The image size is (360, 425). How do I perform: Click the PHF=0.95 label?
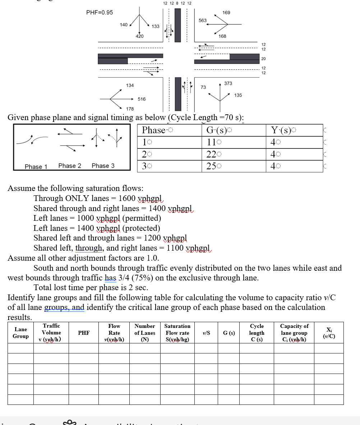click(100, 13)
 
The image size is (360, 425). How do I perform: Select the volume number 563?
click(203, 20)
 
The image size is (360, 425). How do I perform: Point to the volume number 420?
click(139, 36)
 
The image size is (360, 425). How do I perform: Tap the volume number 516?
click(142, 99)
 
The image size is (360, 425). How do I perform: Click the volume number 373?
click(228, 83)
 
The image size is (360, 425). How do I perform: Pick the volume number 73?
click(203, 87)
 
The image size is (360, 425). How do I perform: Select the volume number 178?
click(130, 109)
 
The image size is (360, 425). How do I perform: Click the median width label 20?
click(263, 59)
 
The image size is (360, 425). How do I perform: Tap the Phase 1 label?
click(36, 166)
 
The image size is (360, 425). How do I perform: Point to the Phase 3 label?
click(103, 166)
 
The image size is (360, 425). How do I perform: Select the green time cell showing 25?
click(212, 166)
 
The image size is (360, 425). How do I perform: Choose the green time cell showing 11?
click(212, 142)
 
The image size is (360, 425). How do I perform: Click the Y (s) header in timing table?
click(283, 130)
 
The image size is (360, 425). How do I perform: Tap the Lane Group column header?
click(20, 333)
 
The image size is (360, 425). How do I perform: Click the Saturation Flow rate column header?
click(177, 333)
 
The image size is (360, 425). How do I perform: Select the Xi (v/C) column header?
click(329, 333)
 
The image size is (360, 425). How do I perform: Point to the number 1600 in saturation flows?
click(127, 198)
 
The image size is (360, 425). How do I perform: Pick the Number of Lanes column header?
click(145, 333)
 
